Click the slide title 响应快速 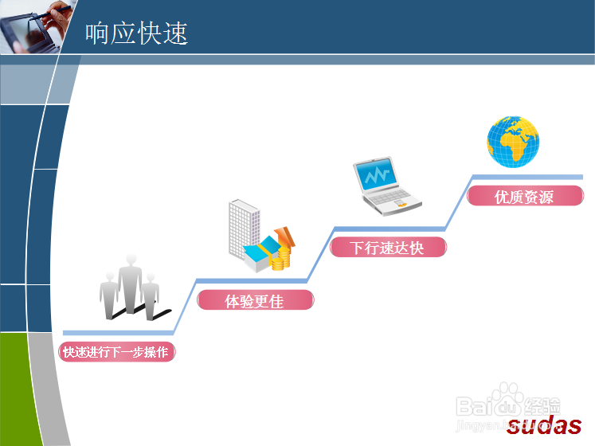coord(136,34)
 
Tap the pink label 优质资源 coord(524,196)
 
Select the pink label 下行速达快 coord(387,248)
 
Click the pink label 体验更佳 coord(255,301)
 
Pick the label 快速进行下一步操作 coord(116,352)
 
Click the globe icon coord(513,142)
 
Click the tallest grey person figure coord(131,283)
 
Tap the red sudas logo coord(545,425)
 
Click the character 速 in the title coord(175,34)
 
